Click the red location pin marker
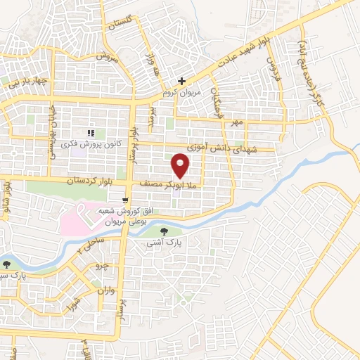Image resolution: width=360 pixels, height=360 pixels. (181, 165)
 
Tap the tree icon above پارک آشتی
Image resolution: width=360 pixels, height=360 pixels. (164, 230)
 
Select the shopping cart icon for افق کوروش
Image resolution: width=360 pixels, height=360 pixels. (124, 199)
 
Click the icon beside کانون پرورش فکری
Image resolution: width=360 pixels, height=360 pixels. (90, 133)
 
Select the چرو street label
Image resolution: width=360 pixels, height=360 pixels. (103, 268)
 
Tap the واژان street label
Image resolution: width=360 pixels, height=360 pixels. (106, 290)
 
